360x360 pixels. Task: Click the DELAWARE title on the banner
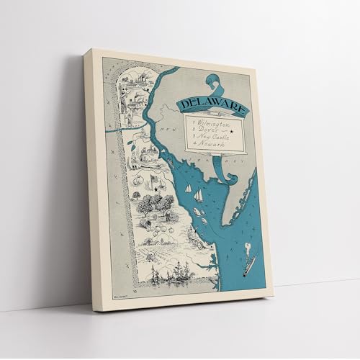click(213, 107)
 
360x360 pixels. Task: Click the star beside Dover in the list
click(232, 132)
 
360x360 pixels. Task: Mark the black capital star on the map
click(156, 189)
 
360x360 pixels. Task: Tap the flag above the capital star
click(153, 178)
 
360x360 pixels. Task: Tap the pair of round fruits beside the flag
click(138, 180)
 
